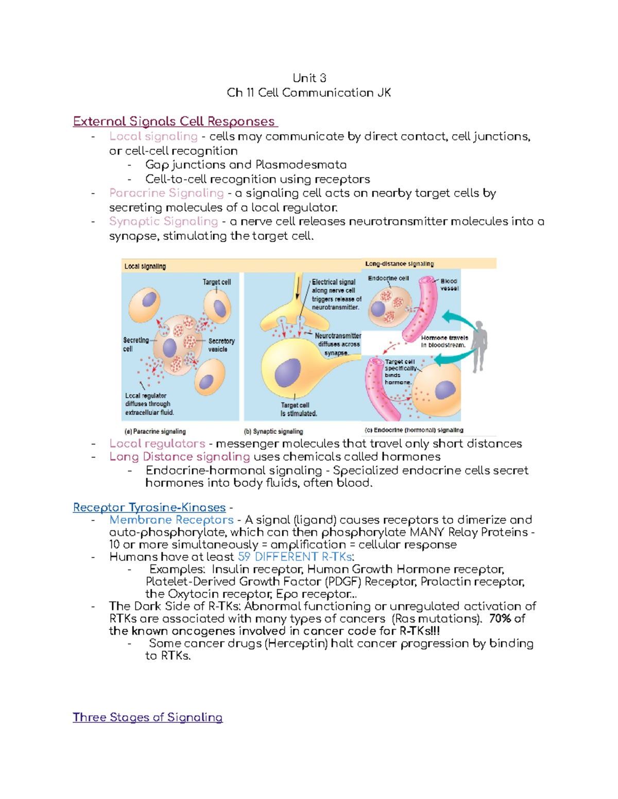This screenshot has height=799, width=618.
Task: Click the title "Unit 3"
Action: click(309, 78)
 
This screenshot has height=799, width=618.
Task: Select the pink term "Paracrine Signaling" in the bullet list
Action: click(166, 193)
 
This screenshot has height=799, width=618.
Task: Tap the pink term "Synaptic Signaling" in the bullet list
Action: click(164, 221)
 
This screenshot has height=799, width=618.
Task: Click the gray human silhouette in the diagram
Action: click(479, 346)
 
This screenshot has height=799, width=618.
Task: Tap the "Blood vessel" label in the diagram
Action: click(449, 285)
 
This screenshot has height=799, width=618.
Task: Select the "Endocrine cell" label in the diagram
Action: click(388, 278)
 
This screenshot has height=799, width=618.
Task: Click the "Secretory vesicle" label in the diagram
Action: click(221, 345)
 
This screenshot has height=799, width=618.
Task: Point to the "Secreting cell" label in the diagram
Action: click(135, 344)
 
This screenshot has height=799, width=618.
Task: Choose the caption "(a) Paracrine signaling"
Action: click(155, 432)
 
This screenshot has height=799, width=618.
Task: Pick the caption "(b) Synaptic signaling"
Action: click(273, 432)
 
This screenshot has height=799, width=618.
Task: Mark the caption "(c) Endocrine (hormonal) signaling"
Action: click(414, 430)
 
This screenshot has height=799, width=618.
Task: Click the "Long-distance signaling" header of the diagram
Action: click(399, 264)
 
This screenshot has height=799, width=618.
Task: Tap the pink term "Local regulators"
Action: click(157, 443)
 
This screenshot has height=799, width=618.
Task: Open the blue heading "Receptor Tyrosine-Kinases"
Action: click(149, 507)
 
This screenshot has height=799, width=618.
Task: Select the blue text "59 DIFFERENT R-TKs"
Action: click(295, 557)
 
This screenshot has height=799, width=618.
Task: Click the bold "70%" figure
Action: click(500, 618)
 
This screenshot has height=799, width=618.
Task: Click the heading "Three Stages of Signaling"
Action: click(148, 717)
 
